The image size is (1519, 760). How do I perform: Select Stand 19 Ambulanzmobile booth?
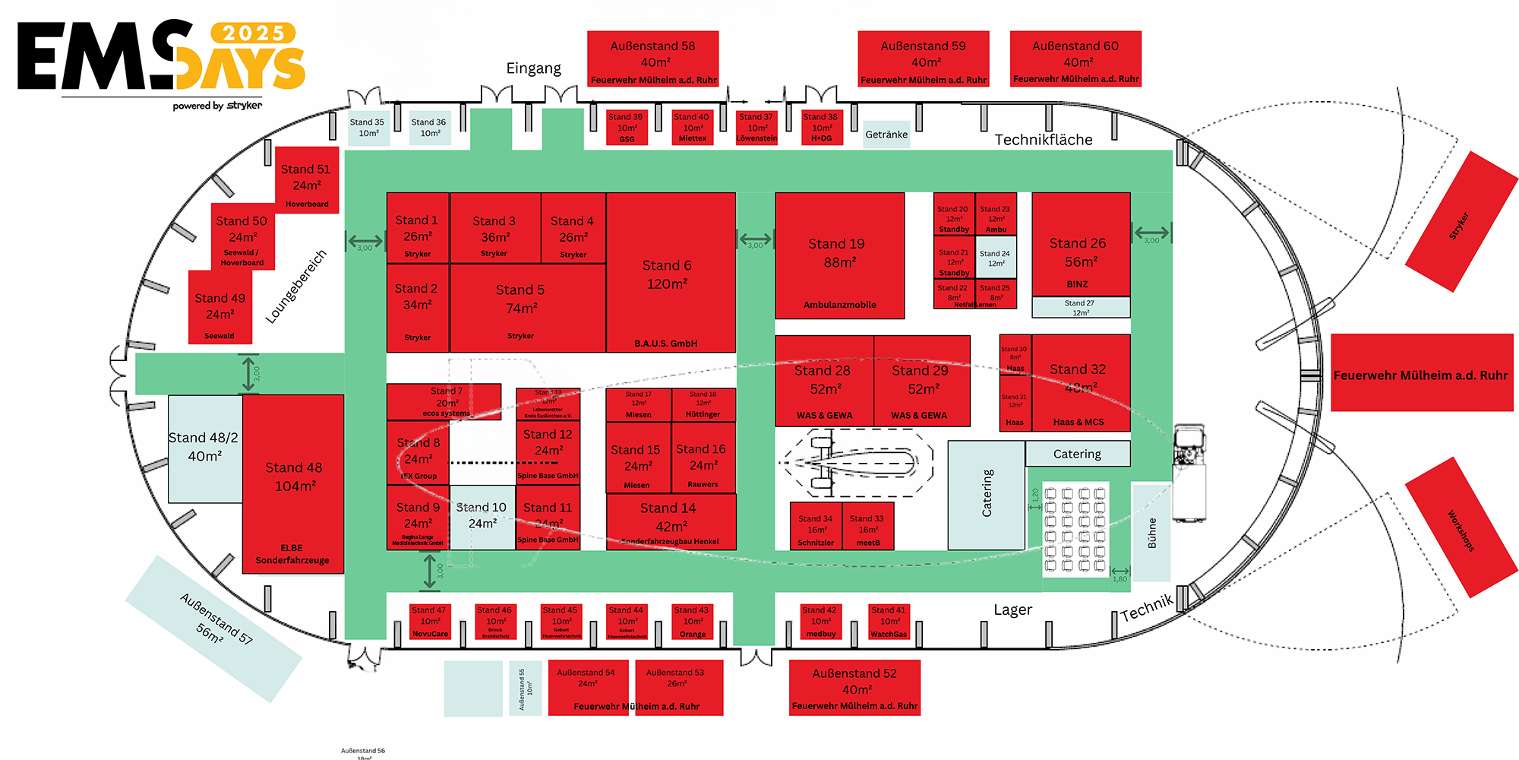839,255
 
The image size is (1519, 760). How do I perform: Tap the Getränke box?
886,135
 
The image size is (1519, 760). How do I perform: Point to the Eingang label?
533,68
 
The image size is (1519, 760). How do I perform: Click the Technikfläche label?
1044,140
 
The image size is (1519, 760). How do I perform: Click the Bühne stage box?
1151,532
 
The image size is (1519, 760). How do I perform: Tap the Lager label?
1012,610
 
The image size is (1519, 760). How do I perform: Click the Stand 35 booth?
368,128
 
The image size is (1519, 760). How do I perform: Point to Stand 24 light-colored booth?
996,258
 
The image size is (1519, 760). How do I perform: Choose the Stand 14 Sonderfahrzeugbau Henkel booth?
671,521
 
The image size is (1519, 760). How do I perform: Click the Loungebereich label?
295,286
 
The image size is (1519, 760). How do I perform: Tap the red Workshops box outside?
1461,527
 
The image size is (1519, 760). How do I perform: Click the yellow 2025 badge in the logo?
254,33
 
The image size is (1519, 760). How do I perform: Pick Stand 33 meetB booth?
868,526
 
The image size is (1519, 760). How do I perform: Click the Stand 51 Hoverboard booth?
307,180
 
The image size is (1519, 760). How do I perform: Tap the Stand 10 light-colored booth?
482,517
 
